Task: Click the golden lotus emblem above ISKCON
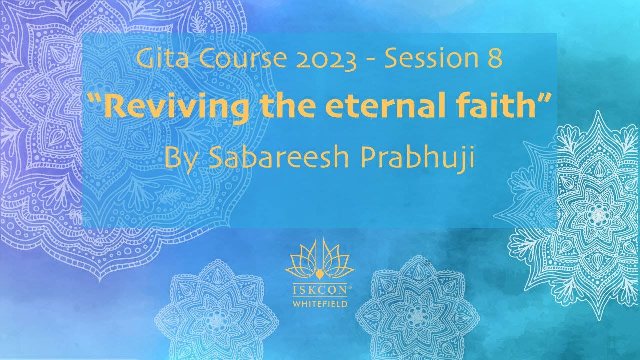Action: pyautogui.click(x=320, y=262)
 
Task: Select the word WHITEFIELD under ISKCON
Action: pyautogui.click(x=320, y=303)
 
